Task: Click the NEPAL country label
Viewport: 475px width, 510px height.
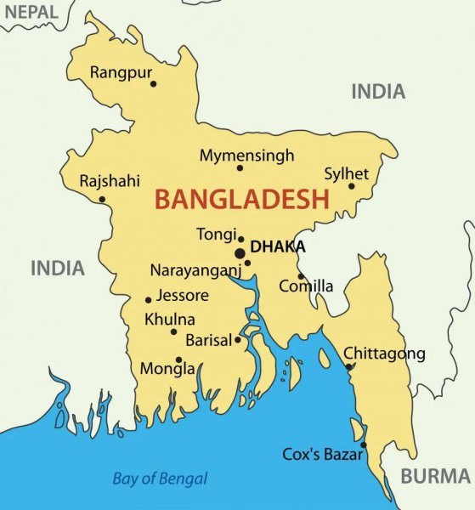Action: [x=30, y=12]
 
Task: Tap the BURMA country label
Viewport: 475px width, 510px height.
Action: [x=435, y=475]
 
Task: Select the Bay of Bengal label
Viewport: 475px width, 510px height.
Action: [x=160, y=479]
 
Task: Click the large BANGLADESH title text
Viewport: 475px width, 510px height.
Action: [x=241, y=200]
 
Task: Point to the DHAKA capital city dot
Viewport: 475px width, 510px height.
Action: [x=240, y=252]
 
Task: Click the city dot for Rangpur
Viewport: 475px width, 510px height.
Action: [x=153, y=83]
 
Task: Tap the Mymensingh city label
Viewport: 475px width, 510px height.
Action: [x=246, y=156]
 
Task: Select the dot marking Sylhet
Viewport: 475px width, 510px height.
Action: [x=351, y=186]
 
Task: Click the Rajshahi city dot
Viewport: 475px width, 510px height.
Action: [x=102, y=200]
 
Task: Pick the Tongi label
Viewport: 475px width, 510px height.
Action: [x=215, y=234]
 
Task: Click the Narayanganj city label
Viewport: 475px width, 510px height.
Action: [x=195, y=270]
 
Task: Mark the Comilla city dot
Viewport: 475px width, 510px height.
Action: [x=300, y=275]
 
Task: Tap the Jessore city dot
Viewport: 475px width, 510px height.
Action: [x=148, y=299]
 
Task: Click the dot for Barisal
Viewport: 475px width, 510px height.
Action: [x=238, y=340]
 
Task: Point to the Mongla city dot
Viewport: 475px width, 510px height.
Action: [x=178, y=360]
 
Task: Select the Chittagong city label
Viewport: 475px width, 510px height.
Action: [x=384, y=354]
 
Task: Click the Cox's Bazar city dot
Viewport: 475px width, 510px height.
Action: [x=363, y=445]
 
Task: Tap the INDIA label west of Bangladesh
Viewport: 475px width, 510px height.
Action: [x=58, y=269]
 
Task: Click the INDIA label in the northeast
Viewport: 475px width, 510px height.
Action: [x=378, y=92]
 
